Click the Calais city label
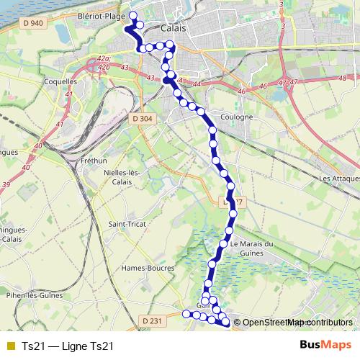(x=174, y=28)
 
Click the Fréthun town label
(x=94, y=161)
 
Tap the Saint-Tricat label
(x=127, y=224)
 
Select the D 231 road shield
(x=152, y=320)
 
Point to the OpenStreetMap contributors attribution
(x=297, y=322)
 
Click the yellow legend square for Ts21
(x=9, y=346)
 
